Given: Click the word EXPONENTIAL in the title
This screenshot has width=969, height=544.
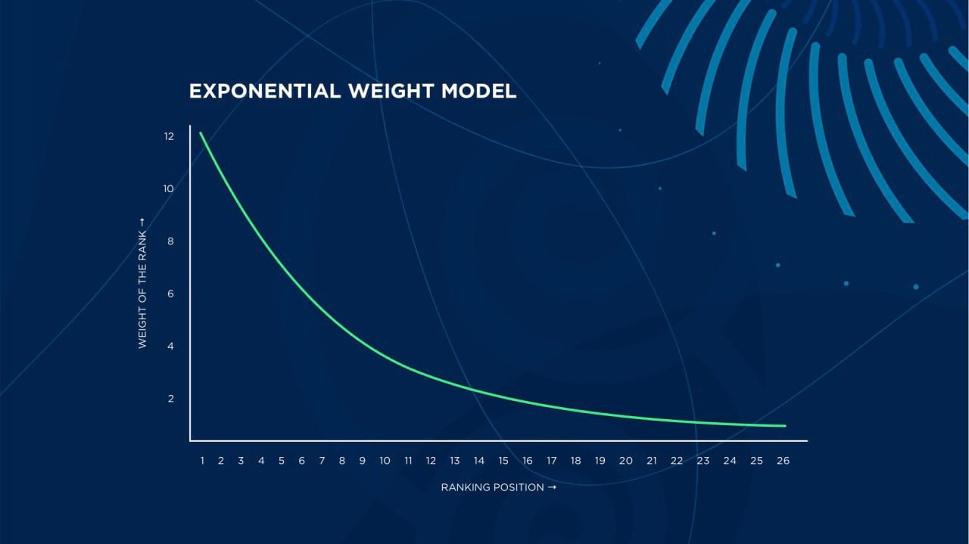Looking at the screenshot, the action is tap(265, 92).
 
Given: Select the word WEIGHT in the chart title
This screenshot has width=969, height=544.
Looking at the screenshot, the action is tap(391, 92).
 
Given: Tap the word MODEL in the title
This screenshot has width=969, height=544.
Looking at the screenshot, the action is tap(479, 92).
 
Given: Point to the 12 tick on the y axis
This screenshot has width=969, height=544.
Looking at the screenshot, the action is tap(169, 137).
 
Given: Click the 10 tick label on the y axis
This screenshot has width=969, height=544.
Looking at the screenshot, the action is tap(168, 189).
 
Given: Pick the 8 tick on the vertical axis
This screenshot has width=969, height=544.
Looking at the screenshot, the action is tap(170, 241).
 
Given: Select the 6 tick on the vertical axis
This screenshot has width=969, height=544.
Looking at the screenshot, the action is tap(170, 294).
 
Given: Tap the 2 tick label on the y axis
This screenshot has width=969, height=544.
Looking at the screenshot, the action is tap(171, 399).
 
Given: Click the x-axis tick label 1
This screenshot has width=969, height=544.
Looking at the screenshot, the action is tap(202, 461).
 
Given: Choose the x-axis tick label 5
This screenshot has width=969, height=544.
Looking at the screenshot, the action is tap(282, 461).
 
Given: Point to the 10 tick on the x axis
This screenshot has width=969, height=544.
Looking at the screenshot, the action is tap(385, 461).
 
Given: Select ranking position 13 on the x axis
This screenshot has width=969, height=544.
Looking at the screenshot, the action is tap(455, 461).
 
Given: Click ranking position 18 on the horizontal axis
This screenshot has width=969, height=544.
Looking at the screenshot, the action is tap(576, 461).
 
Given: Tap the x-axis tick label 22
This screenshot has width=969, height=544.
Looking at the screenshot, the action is tap(677, 461).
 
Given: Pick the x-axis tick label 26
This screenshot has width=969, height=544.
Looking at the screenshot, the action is tap(783, 461).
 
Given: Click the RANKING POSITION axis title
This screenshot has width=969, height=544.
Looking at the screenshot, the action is tap(492, 487).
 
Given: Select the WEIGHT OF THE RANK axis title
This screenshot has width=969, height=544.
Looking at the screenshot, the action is tap(142, 289).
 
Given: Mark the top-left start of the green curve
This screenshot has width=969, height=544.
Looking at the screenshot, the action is tap(201, 132).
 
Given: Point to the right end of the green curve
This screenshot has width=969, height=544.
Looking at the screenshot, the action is tap(785, 426).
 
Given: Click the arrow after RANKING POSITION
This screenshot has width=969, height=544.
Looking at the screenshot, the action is tap(552, 487).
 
